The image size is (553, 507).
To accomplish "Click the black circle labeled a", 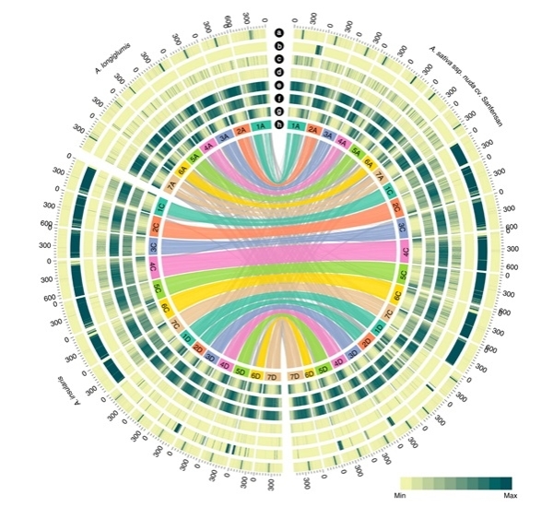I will coord(279,30).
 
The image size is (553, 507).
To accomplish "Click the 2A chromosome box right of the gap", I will coord(315,130).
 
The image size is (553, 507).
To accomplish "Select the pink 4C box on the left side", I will coord(154,267).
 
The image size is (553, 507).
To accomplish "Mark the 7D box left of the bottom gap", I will coord(272,377).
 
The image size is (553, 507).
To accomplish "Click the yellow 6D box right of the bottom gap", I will coord(309,374).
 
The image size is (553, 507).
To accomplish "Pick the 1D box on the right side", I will coord(379,328).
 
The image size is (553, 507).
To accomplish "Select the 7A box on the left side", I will coord(172,184).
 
